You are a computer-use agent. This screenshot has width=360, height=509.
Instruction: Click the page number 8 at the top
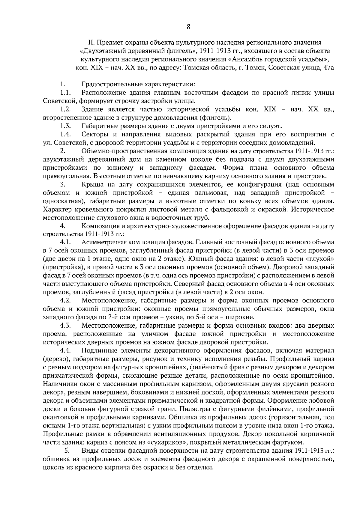point(188,27)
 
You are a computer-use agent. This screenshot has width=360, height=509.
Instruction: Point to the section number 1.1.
point(65,93)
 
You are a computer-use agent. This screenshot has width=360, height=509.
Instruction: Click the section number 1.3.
point(65,126)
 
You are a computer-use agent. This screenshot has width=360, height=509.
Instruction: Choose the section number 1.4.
point(65,134)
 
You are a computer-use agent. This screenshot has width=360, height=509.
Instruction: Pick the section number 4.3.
point(65,325)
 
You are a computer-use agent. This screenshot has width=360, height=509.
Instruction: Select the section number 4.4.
point(65,350)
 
